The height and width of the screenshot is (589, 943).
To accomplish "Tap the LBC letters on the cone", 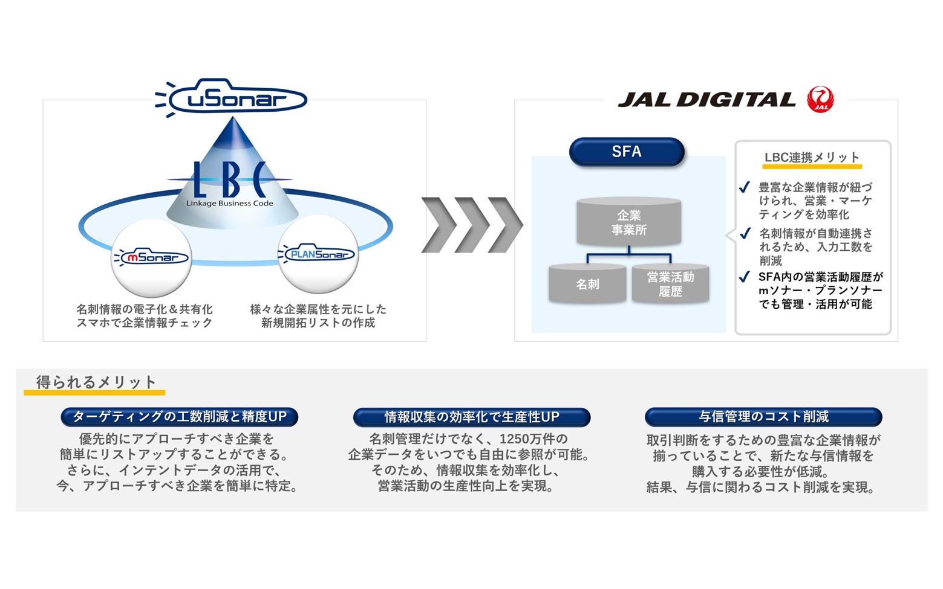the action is tap(229, 179).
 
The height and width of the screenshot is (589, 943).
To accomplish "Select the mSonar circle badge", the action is tap(152, 257).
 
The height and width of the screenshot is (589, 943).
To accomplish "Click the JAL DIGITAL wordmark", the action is tap(706, 100).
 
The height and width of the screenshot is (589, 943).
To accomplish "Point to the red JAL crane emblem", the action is tap(820, 99).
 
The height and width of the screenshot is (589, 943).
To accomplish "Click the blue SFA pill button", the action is tap(627, 152).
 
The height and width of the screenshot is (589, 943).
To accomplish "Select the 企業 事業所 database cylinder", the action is tap(629, 222).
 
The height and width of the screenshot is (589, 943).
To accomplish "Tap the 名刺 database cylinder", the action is tap(587, 284).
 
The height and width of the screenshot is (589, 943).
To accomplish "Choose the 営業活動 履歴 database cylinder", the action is tap(670, 284).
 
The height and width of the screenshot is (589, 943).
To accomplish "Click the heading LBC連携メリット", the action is tap(812, 158).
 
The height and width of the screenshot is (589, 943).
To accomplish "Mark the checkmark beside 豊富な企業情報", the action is tap(745, 187).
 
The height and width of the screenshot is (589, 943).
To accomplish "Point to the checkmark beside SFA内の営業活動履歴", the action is tap(745, 277).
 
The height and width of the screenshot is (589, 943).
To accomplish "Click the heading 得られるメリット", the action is tap(96, 382).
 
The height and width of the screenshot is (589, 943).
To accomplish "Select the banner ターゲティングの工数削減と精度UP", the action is tap(179, 417).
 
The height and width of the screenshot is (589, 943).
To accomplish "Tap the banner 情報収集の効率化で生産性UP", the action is tap(472, 417).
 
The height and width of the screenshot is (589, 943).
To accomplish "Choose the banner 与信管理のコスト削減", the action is tap(763, 417).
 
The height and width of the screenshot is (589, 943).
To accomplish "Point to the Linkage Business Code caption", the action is tap(229, 204).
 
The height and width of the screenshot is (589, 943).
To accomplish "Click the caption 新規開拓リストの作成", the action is tap(318, 323).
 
